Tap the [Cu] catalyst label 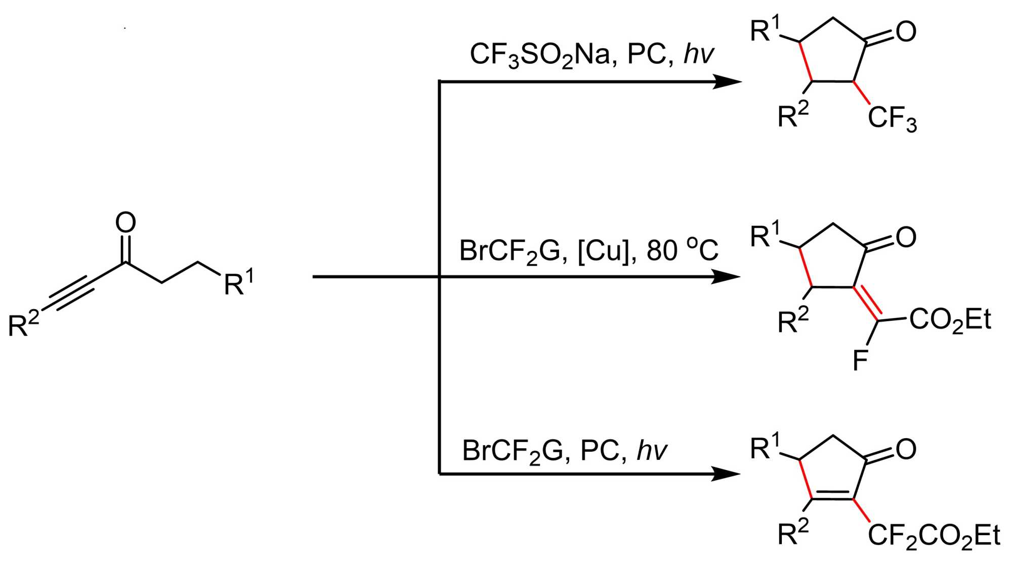point(605,250)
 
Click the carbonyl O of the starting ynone point(125,223)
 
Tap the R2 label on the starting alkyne point(23,324)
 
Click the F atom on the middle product point(860,361)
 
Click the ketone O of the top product point(906,32)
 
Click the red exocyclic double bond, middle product point(867,304)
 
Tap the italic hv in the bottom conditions point(652,450)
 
